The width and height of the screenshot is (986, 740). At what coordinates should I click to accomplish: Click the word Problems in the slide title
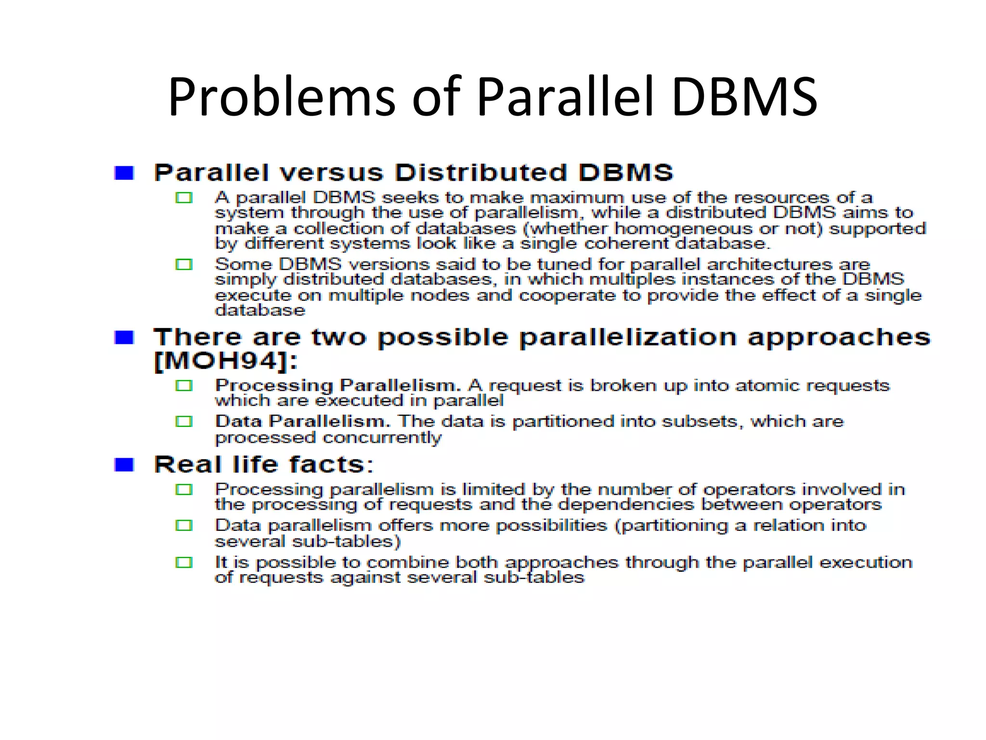[x=281, y=98]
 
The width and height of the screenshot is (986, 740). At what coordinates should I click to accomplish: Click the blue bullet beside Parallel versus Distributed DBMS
[x=124, y=173]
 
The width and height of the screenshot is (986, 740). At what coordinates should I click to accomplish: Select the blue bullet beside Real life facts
[x=124, y=465]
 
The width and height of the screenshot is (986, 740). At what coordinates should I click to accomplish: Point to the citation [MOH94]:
[x=225, y=361]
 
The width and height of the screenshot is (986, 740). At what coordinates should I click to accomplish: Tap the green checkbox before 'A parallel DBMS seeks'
[x=184, y=198]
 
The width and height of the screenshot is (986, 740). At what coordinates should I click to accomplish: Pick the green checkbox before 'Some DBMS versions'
[x=184, y=264]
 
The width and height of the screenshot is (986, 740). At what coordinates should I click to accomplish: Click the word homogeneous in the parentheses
[x=683, y=228]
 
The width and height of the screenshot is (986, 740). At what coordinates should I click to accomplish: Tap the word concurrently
[x=382, y=437]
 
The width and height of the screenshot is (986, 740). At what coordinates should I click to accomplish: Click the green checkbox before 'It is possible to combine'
[x=184, y=563]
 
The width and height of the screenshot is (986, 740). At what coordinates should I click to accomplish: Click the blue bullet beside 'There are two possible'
[x=124, y=338]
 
